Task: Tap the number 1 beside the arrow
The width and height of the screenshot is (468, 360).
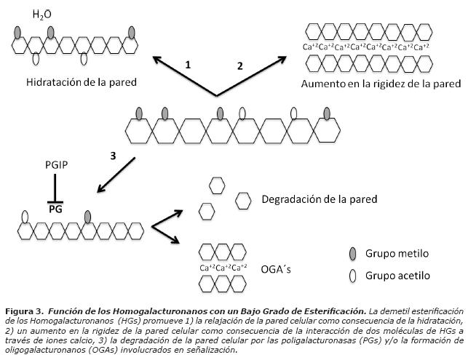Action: tap(188, 65)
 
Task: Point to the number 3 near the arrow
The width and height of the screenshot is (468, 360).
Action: tap(113, 155)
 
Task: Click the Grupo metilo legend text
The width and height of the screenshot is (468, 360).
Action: tap(398, 254)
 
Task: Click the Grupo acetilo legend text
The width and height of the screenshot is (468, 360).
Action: tap(398, 276)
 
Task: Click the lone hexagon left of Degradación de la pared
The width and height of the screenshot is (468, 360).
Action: tap(243, 199)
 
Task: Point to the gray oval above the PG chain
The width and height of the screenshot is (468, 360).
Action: tap(88, 217)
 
